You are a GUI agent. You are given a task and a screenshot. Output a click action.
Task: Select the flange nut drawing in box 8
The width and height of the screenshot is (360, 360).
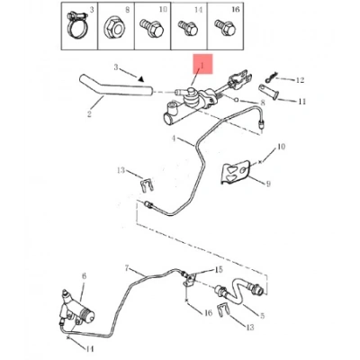tap(114, 29)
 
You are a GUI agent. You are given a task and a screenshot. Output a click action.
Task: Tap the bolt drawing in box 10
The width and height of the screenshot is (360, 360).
tap(152, 28)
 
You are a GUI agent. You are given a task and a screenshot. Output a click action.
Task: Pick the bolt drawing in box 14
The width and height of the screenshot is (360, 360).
tap(188, 27)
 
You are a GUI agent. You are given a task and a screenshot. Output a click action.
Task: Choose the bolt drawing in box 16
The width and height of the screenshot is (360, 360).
tap(225, 27)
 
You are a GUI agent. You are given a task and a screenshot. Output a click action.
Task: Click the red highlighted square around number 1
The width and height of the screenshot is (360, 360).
tap(202, 64)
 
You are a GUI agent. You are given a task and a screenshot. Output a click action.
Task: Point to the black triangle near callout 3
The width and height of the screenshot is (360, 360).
tap(141, 78)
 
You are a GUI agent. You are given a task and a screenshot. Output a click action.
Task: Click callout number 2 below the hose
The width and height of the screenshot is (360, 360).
tap(89, 114)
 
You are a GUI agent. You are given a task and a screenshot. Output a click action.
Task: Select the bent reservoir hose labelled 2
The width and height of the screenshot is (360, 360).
tap(115, 87)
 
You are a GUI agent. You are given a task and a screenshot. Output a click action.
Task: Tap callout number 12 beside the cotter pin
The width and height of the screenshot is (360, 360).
tap(300, 80)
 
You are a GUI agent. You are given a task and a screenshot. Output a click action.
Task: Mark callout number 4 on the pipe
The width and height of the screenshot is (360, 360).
tap(174, 139)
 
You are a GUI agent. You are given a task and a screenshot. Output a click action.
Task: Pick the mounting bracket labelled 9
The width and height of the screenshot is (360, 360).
tap(236, 173)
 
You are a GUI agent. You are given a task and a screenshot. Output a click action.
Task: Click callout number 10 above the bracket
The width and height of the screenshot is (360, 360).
tap(281, 147)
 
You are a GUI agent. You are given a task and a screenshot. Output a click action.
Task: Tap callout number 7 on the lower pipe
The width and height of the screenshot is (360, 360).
tap(127, 267)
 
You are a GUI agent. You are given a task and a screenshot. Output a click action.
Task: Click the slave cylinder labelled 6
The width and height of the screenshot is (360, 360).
tap(77, 310)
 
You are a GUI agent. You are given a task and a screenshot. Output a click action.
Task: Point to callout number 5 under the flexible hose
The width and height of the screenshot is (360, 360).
tap(262, 316)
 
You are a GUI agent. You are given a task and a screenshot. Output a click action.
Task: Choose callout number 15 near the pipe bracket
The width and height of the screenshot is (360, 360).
tap(220, 269)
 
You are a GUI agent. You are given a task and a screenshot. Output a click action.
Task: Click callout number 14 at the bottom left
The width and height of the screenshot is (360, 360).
tap(90, 349)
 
